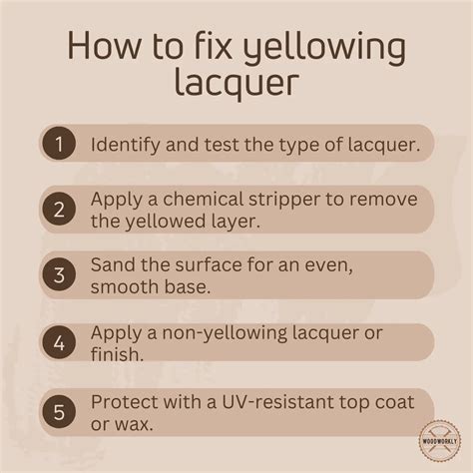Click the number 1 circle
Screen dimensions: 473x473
(x=59, y=144)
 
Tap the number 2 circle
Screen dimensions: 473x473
(x=59, y=210)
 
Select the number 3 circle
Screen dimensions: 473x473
(x=59, y=275)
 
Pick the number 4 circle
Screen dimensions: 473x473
(x=59, y=342)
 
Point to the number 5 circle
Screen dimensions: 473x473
(x=59, y=412)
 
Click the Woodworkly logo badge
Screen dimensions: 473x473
(x=440, y=441)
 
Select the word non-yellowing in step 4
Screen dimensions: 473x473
(x=225, y=333)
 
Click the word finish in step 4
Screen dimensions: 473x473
(x=117, y=354)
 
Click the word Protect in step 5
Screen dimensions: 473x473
(x=125, y=402)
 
